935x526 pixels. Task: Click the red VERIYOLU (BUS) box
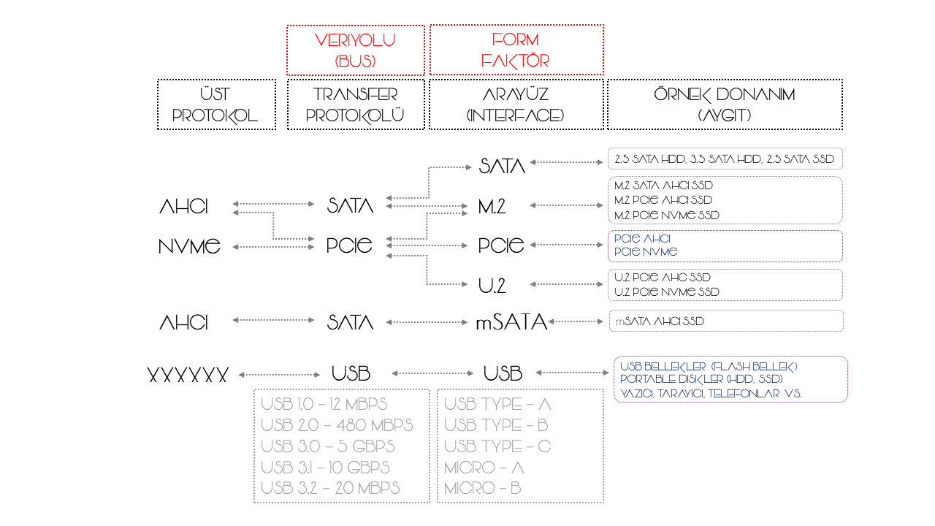pos(356,50)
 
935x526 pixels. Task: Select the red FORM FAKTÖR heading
pos(516,50)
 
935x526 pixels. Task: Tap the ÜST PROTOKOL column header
pos(216,104)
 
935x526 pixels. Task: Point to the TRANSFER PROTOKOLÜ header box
pos(356,104)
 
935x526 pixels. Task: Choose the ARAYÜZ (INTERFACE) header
pos(516,104)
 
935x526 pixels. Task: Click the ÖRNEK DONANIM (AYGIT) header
pos(725,104)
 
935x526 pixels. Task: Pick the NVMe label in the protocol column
pos(189,247)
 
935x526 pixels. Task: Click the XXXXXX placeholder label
pos(188,376)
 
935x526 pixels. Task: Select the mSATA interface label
pos(511,322)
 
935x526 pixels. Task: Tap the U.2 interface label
pos(492,286)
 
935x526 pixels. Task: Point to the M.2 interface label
pos(492,207)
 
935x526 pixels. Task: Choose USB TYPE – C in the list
pos(497,446)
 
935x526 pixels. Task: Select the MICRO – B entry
pos(482,489)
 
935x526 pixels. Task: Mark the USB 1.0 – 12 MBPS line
pos(324,404)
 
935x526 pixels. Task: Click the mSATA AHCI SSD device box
pos(725,321)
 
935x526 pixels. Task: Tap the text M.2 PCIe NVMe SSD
pos(667,216)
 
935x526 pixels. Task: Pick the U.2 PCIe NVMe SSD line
pos(667,292)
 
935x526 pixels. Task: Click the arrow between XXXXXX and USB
pos(279,375)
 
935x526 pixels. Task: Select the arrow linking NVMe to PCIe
pos(272,247)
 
